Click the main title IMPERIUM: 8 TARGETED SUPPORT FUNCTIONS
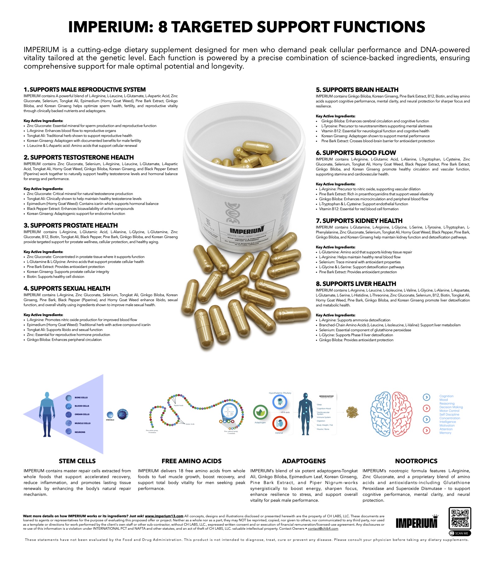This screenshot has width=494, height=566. [247, 27]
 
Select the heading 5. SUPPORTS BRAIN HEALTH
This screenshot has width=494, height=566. [357, 90]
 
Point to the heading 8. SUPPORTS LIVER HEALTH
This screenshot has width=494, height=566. [356, 284]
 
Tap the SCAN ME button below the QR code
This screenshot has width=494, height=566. [460, 533]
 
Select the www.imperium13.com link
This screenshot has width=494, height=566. [164, 516]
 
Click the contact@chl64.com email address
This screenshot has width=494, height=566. [323, 529]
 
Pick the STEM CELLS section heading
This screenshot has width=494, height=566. [77, 461]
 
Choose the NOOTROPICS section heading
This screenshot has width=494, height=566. [416, 461]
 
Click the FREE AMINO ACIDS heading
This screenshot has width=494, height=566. [192, 461]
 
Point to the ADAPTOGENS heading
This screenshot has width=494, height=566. [304, 461]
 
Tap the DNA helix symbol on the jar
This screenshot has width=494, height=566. [230, 213]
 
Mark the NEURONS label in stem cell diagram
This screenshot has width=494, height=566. [80, 432]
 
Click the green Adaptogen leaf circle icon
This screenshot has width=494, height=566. [260, 412]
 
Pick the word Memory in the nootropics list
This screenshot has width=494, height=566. [445, 433]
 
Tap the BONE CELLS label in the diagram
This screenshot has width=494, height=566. [81, 397]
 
